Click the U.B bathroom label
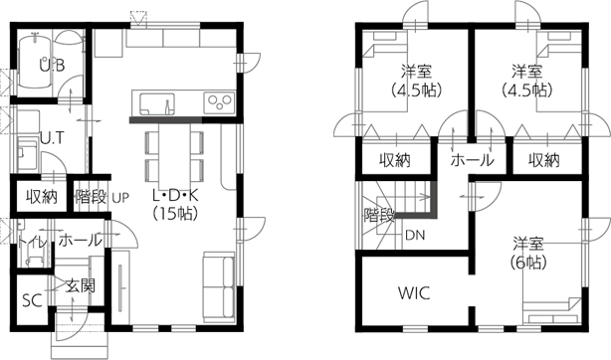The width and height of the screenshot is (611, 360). coord(52,65)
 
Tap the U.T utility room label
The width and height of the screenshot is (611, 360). coord(52,138)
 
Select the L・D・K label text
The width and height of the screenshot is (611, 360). coord(176,195)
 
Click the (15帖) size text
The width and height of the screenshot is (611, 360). coord(175,213)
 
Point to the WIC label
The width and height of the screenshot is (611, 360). coord(414,293)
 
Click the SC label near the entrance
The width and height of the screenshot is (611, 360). coord(32,300)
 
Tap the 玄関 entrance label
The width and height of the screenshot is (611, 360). coord(81,286)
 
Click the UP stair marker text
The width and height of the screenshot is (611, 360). coord(120,198)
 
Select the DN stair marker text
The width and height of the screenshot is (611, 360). coord(415,236)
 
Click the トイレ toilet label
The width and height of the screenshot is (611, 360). coord(32,242)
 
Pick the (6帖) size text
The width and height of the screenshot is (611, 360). coord(528,263)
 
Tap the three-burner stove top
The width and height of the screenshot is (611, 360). coord(219,103)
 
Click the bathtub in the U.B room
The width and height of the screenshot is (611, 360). coord(35,62)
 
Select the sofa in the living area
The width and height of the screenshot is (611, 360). coord(219,287)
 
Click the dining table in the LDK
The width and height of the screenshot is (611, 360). coord(174,156)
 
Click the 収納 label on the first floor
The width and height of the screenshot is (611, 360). coord(42,197)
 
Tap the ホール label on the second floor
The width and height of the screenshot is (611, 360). coord(473,160)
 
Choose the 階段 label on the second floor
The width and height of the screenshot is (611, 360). coord(379,215)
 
